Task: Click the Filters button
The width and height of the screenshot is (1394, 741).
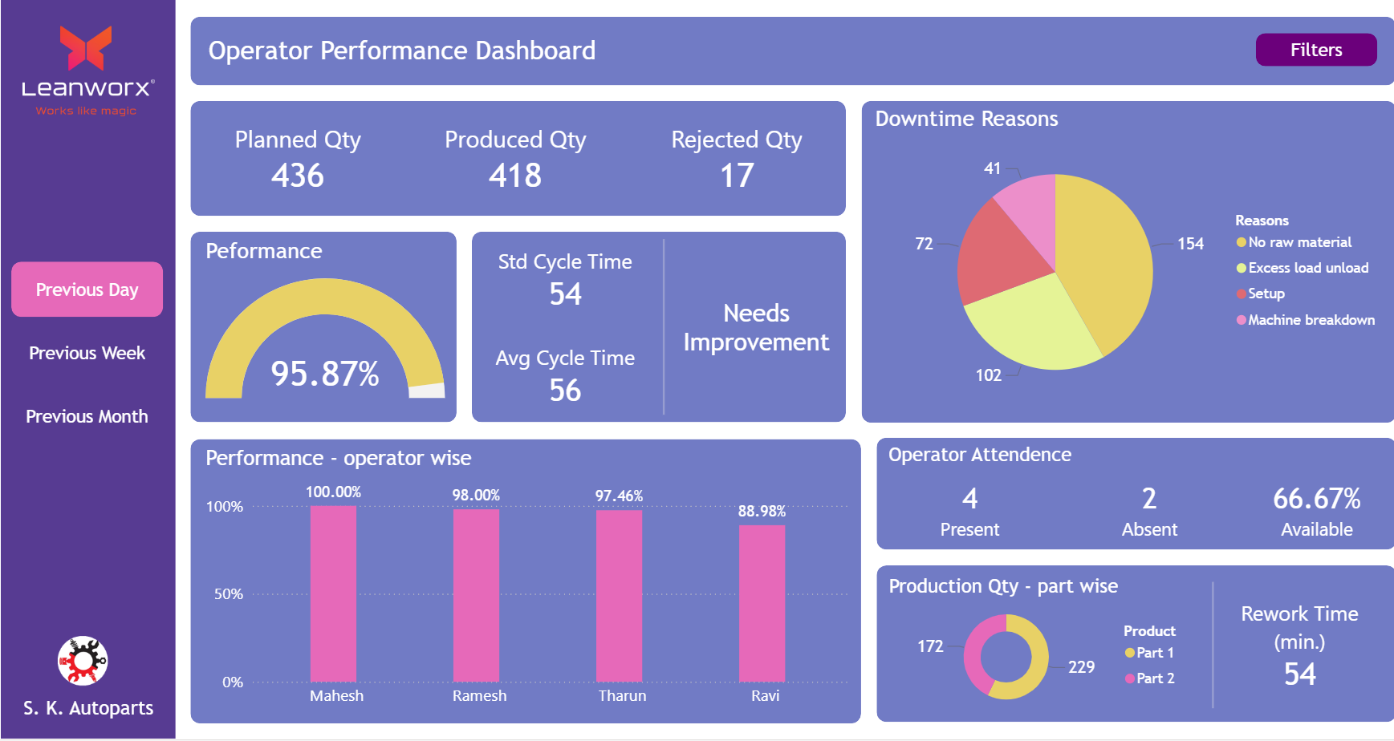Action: point(1315,50)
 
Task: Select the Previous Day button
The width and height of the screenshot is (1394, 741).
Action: point(87,290)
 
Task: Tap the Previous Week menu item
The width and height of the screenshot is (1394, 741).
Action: point(87,353)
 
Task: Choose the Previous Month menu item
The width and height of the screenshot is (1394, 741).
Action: point(87,416)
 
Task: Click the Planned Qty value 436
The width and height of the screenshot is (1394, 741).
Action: point(298,176)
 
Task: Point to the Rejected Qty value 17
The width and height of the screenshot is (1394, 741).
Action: point(737,176)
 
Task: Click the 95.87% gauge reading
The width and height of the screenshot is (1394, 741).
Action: point(325,374)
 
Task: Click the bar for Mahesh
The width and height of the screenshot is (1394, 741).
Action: point(333,593)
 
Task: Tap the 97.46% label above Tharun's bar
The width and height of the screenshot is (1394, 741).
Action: point(619,496)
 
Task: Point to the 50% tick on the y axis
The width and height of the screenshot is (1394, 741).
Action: point(228,594)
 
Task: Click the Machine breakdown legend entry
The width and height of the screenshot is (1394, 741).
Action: point(1311,320)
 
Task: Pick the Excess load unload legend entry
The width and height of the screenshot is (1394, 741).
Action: point(1307,268)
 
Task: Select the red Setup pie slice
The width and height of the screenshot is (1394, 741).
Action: point(995,257)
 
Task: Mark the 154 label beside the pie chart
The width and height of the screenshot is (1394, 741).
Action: point(1190,244)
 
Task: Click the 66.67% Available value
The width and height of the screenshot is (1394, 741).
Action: point(1316,499)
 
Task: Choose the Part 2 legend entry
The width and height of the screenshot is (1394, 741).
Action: point(1154,678)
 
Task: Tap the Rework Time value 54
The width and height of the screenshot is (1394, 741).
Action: point(1299,674)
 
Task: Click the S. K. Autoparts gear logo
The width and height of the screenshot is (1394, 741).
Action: point(83,661)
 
